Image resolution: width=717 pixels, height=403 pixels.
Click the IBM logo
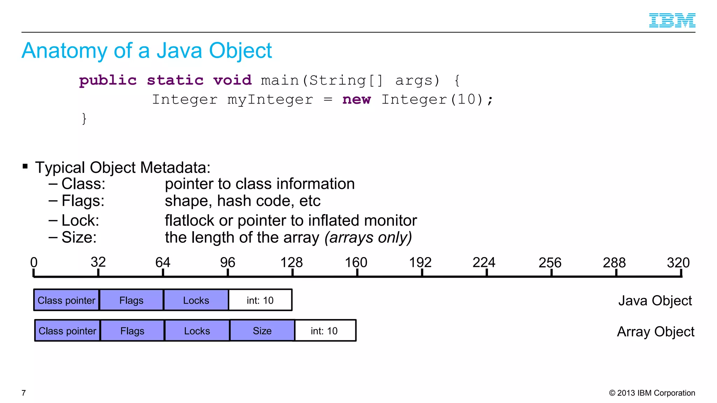point(672,20)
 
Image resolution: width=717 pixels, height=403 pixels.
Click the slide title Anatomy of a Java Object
point(147,51)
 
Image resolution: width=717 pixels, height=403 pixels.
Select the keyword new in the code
point(356,100)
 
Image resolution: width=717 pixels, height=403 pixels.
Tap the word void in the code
point(232,80)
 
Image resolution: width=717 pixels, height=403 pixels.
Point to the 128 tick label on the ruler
point(292,263)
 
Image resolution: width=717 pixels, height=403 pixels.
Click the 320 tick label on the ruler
point(678,263)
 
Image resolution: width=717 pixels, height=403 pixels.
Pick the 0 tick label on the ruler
point(34,263)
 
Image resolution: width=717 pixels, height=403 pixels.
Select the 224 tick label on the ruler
point(484,263)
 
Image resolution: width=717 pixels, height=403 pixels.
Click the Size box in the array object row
point(262,331)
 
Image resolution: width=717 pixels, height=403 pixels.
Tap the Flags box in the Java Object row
point(131,300)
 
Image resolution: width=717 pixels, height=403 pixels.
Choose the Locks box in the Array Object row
point(197,331)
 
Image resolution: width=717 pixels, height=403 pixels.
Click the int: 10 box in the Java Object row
point(260,300)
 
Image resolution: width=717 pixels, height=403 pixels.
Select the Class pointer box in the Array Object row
point(67,331)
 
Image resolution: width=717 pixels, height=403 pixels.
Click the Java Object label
point(655,301)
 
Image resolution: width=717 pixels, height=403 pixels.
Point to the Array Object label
point(655,332)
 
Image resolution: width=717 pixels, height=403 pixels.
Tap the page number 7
point(24,393)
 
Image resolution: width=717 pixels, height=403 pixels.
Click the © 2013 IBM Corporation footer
point(652,393)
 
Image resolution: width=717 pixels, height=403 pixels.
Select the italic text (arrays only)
point(368,238)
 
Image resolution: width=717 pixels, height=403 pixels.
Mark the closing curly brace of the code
point(84,119)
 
